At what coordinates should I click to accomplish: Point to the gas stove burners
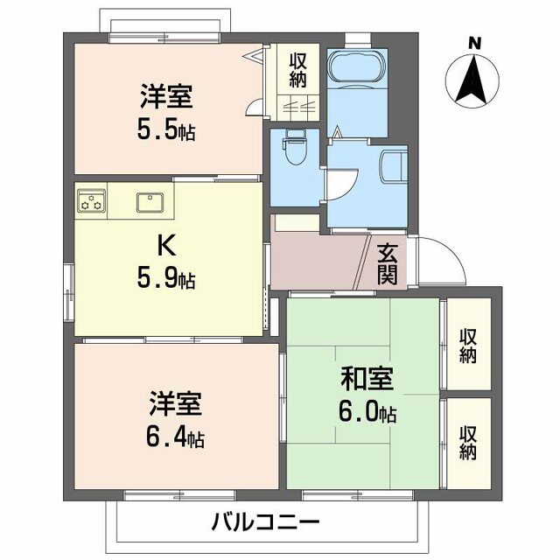point(91,200)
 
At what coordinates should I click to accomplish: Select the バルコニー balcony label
point(264,523)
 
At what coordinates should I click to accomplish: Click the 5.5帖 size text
point(166,132)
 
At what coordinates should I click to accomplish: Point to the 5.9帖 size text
point(166,280)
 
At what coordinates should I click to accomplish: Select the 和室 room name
point(367,380)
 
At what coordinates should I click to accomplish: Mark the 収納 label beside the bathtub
point(298,70)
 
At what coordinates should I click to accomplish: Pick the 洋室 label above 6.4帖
point(175,404)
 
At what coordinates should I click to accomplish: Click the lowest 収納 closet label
point(468,444)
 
